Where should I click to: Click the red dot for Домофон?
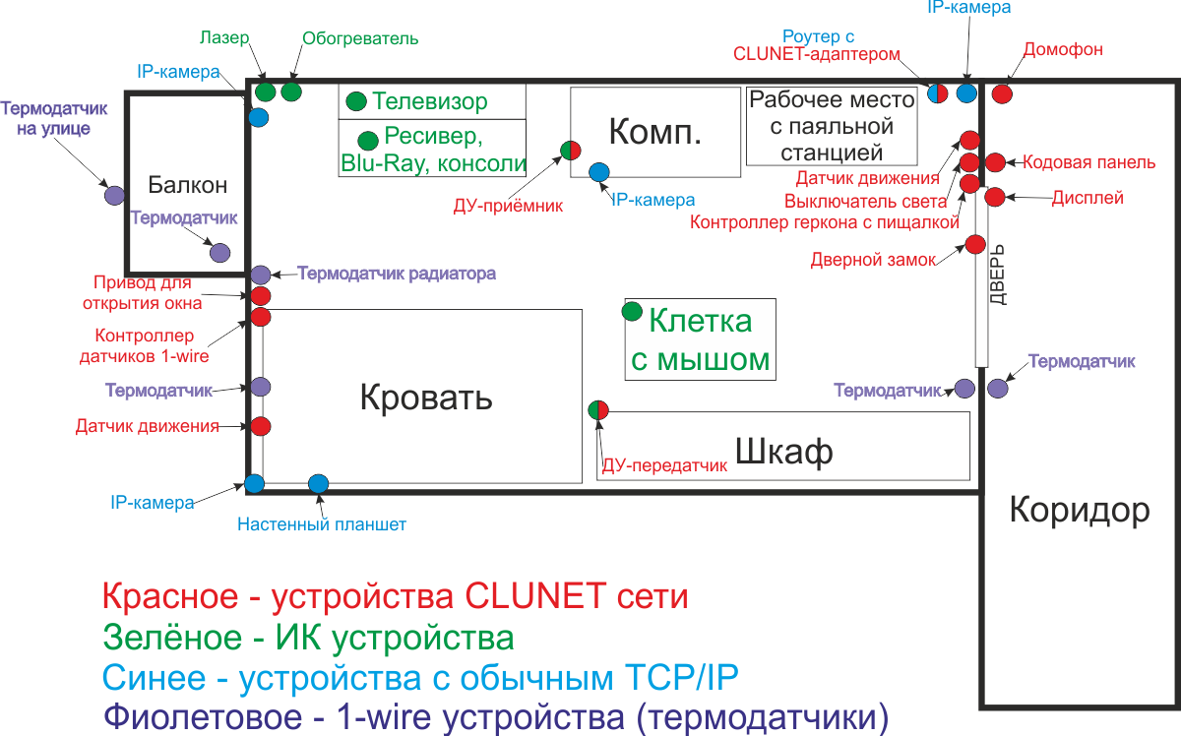(x=1002, y=94)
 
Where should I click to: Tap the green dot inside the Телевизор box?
(x=356, y=100)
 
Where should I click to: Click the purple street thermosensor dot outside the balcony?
(x=114, y=195)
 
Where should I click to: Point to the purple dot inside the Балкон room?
(x=219, y=253)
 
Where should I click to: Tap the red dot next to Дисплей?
(x=994, y=197)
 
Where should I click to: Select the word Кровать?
(x=426, y=399)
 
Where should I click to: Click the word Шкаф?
(x=783, y=452)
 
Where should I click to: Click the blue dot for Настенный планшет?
(x=318, y=483)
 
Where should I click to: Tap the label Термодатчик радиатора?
(x=397, y=274)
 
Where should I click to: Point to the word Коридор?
(x=1080, y=510)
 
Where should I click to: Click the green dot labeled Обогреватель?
(x=290, y=92)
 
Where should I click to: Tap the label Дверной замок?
(x=873, y=261)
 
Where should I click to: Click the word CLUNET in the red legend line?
(x=521, y=596)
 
